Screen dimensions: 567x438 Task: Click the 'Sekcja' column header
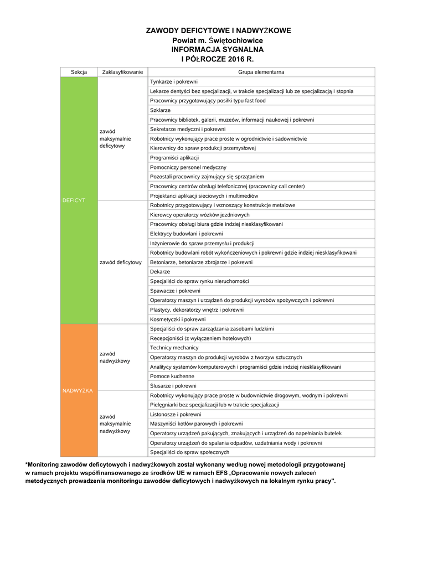[79, 72]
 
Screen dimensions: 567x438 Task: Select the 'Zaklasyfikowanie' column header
[122, 72]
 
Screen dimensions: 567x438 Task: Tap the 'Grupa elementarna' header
[261, 72]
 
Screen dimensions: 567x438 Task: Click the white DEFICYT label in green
[74, 200]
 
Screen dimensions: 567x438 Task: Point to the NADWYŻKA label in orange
[78, 390]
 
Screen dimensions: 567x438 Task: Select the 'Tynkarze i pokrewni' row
[170, 81]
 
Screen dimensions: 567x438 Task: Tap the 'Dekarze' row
[160, 272]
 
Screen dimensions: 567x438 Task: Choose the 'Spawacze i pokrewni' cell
[175, 291]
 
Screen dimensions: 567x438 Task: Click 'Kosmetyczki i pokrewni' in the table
[178, 319]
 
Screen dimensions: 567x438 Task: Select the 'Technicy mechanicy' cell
[174, 348]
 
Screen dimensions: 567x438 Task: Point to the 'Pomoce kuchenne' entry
[172, 376]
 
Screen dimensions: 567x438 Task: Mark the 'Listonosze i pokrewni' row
[176, 414]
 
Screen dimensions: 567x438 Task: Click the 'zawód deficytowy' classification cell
[121, 262]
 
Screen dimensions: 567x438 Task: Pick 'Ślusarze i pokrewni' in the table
[173, 386]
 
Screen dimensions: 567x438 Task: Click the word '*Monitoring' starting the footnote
[47, 464]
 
